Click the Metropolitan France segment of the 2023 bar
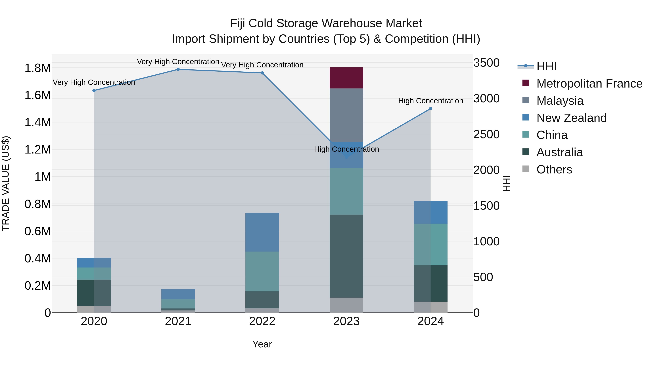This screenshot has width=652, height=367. point(346,78)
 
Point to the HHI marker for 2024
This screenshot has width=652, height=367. point(431,109)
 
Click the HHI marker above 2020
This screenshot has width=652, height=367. point(94,90)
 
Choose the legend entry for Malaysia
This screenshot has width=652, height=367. point(560,101)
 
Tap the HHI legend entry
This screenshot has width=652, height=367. point(546,66)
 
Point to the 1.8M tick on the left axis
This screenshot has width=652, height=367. point(37,68)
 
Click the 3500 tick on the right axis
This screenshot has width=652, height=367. point(486,63)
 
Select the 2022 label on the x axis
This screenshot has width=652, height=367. point(262,321)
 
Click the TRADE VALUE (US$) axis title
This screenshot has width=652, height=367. point(6,183)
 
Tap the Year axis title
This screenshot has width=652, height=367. point(262,344)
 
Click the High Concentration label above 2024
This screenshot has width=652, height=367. point(431,101)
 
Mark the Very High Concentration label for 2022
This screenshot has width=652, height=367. point(262,65)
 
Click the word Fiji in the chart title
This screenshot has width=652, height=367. point(238,23)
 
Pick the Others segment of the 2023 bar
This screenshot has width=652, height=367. point(346,305)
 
